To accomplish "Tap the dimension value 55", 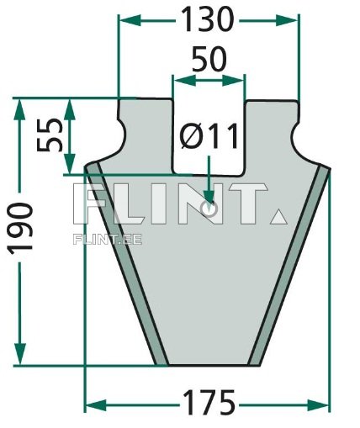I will pyautogui.click(x=50, y=135).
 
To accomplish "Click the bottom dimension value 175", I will pyautogui.click(x=208, y=404).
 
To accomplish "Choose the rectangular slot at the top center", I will pyautogui.click(x=209, y=135).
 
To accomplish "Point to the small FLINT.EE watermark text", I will pyautogui.click(x=107, y=239).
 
